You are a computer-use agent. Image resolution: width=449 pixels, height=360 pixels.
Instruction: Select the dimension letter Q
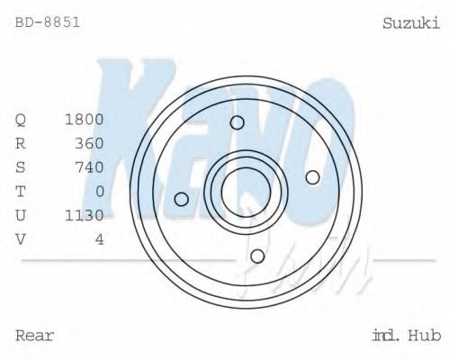[x=21, y=120]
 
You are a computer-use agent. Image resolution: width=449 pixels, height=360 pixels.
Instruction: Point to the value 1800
[x=85, y=120]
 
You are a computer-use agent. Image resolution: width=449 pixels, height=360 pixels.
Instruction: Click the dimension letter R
[x=21, y=143]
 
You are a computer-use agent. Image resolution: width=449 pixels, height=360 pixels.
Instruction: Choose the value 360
[x=89, y=143]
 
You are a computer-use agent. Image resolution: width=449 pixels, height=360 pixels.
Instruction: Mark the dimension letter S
[x=21, y=167]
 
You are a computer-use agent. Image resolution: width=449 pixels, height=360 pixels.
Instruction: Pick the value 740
[x=89, y=167]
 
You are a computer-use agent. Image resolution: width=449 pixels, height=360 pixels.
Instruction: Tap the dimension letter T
[x=21, y=191]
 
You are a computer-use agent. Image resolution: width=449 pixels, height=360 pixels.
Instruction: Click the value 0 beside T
[x=99, y=191]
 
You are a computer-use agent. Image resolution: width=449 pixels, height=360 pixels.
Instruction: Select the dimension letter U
[x=21, y=215]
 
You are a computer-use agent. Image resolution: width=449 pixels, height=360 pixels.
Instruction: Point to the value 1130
[x=85, y=215]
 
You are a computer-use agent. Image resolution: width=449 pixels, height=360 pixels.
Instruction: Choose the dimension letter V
[x=21, y=238]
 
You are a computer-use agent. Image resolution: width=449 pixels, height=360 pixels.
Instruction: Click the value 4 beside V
[x=99, y=238]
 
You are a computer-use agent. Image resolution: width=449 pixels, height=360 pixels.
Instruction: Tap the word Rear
[x=35, y=336]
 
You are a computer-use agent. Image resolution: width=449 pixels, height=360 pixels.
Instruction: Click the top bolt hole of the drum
[x=238, y=123]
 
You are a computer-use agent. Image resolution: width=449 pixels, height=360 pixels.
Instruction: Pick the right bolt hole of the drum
[x=312, y=177]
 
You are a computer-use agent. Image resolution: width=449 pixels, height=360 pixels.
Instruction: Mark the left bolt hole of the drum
[x=182, y=199]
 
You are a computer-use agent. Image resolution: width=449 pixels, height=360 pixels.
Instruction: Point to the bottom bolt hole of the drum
[x=257, y=256]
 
